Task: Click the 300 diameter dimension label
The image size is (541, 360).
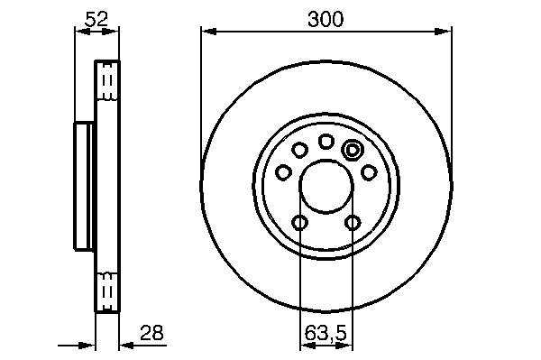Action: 326,19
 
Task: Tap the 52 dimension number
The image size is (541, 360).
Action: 96,19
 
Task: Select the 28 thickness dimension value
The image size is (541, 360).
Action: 151,333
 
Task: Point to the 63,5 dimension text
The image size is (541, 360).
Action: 325,334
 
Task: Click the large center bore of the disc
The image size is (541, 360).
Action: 326,187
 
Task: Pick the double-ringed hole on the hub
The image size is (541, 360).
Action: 352,150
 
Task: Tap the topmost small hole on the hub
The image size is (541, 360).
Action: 326,142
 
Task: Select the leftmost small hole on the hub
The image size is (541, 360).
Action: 284,172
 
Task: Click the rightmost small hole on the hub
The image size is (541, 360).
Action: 369,172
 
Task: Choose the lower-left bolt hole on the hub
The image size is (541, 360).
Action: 300,222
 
